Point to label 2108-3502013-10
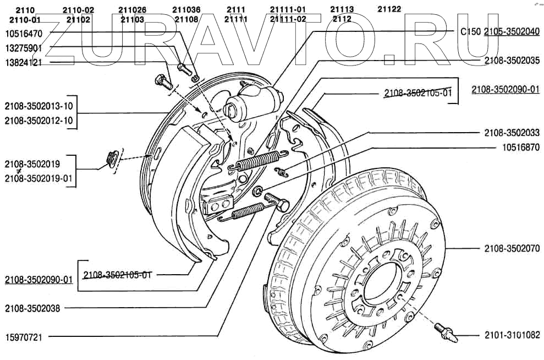(x=39, y=106)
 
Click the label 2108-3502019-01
(x=39, y=178)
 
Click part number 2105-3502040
(x=512, y=32)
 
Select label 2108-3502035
(x=512, y=61)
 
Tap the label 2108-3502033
(x=512, y=133)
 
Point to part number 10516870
(x=520, y=148)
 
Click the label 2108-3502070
(x=512, y=249)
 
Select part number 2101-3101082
(x=512, y=334)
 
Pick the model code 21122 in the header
(x=389, y=9)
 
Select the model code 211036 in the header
(x=186, y=9)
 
